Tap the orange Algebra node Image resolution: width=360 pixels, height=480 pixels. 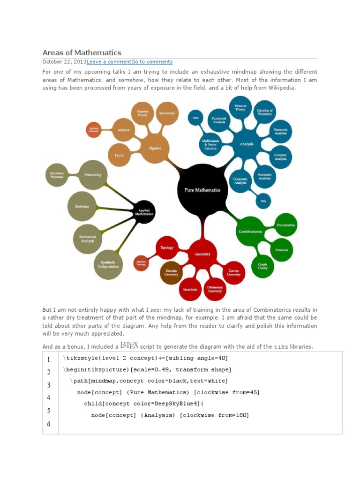[x=155, y=148]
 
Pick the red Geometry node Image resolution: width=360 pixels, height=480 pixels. [x=202, y=254]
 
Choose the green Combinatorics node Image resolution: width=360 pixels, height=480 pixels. [x=250, y=232]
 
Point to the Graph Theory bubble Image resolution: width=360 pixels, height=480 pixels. [x=262, y=266]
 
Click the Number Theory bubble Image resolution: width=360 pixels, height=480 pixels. [x=142, y=113]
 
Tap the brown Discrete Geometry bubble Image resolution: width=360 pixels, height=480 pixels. [x=171, y=273]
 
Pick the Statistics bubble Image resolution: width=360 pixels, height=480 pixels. [x=82, y=206]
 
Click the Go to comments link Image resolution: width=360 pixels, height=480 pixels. [x=152, y=62]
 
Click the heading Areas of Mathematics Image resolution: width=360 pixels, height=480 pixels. [x=82, y=52]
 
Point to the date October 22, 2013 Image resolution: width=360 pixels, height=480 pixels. [x=64, y=62]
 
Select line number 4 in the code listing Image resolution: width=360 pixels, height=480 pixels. [x=49, y=397]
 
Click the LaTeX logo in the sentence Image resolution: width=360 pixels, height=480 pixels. [x=129, y=345]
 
